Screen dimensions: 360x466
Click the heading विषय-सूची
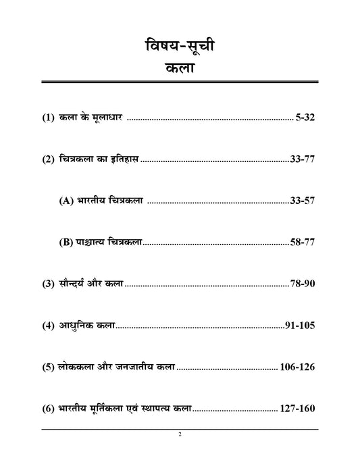180,49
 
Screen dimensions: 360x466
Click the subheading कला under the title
180,72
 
